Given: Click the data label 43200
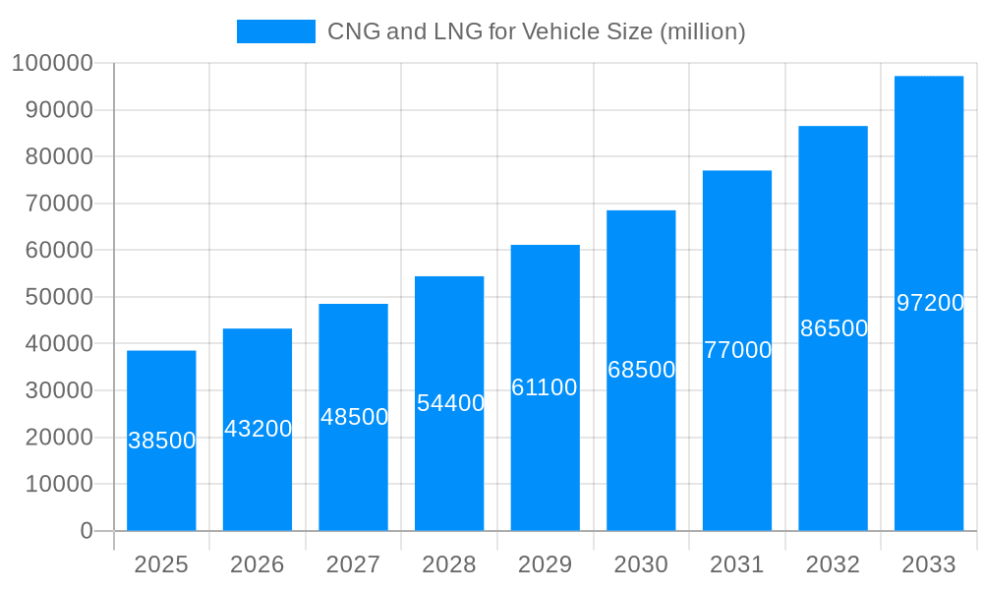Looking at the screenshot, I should click(258, 429).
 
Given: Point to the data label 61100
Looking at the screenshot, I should click(545, 387).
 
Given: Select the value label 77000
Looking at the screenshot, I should click(737, 350).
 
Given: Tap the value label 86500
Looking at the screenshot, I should click(834, 328).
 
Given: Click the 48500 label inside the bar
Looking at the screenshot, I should click(354, 417).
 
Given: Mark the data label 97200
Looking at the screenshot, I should click(930, 303).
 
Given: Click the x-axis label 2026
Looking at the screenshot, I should click(258, 564).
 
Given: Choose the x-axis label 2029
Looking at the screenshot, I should click(545, 564).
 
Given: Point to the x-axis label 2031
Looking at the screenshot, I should click(737, 564).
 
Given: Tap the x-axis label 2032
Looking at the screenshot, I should click(833, 564).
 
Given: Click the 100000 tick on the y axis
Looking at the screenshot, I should click(52, 64).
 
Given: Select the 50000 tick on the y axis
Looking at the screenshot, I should click(58, 297).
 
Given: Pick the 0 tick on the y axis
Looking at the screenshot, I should click(87, 531).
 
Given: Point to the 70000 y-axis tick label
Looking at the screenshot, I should click(58, 204).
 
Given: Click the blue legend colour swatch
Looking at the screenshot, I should click(276, 31).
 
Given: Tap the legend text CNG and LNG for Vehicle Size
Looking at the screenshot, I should click(536, 31).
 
